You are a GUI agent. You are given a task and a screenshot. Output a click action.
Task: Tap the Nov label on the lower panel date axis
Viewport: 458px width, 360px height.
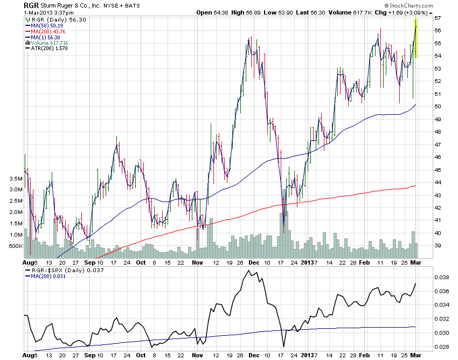[x=197, y=356]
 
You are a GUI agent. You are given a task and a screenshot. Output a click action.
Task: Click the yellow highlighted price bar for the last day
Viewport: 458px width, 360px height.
[x=415, y=39]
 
